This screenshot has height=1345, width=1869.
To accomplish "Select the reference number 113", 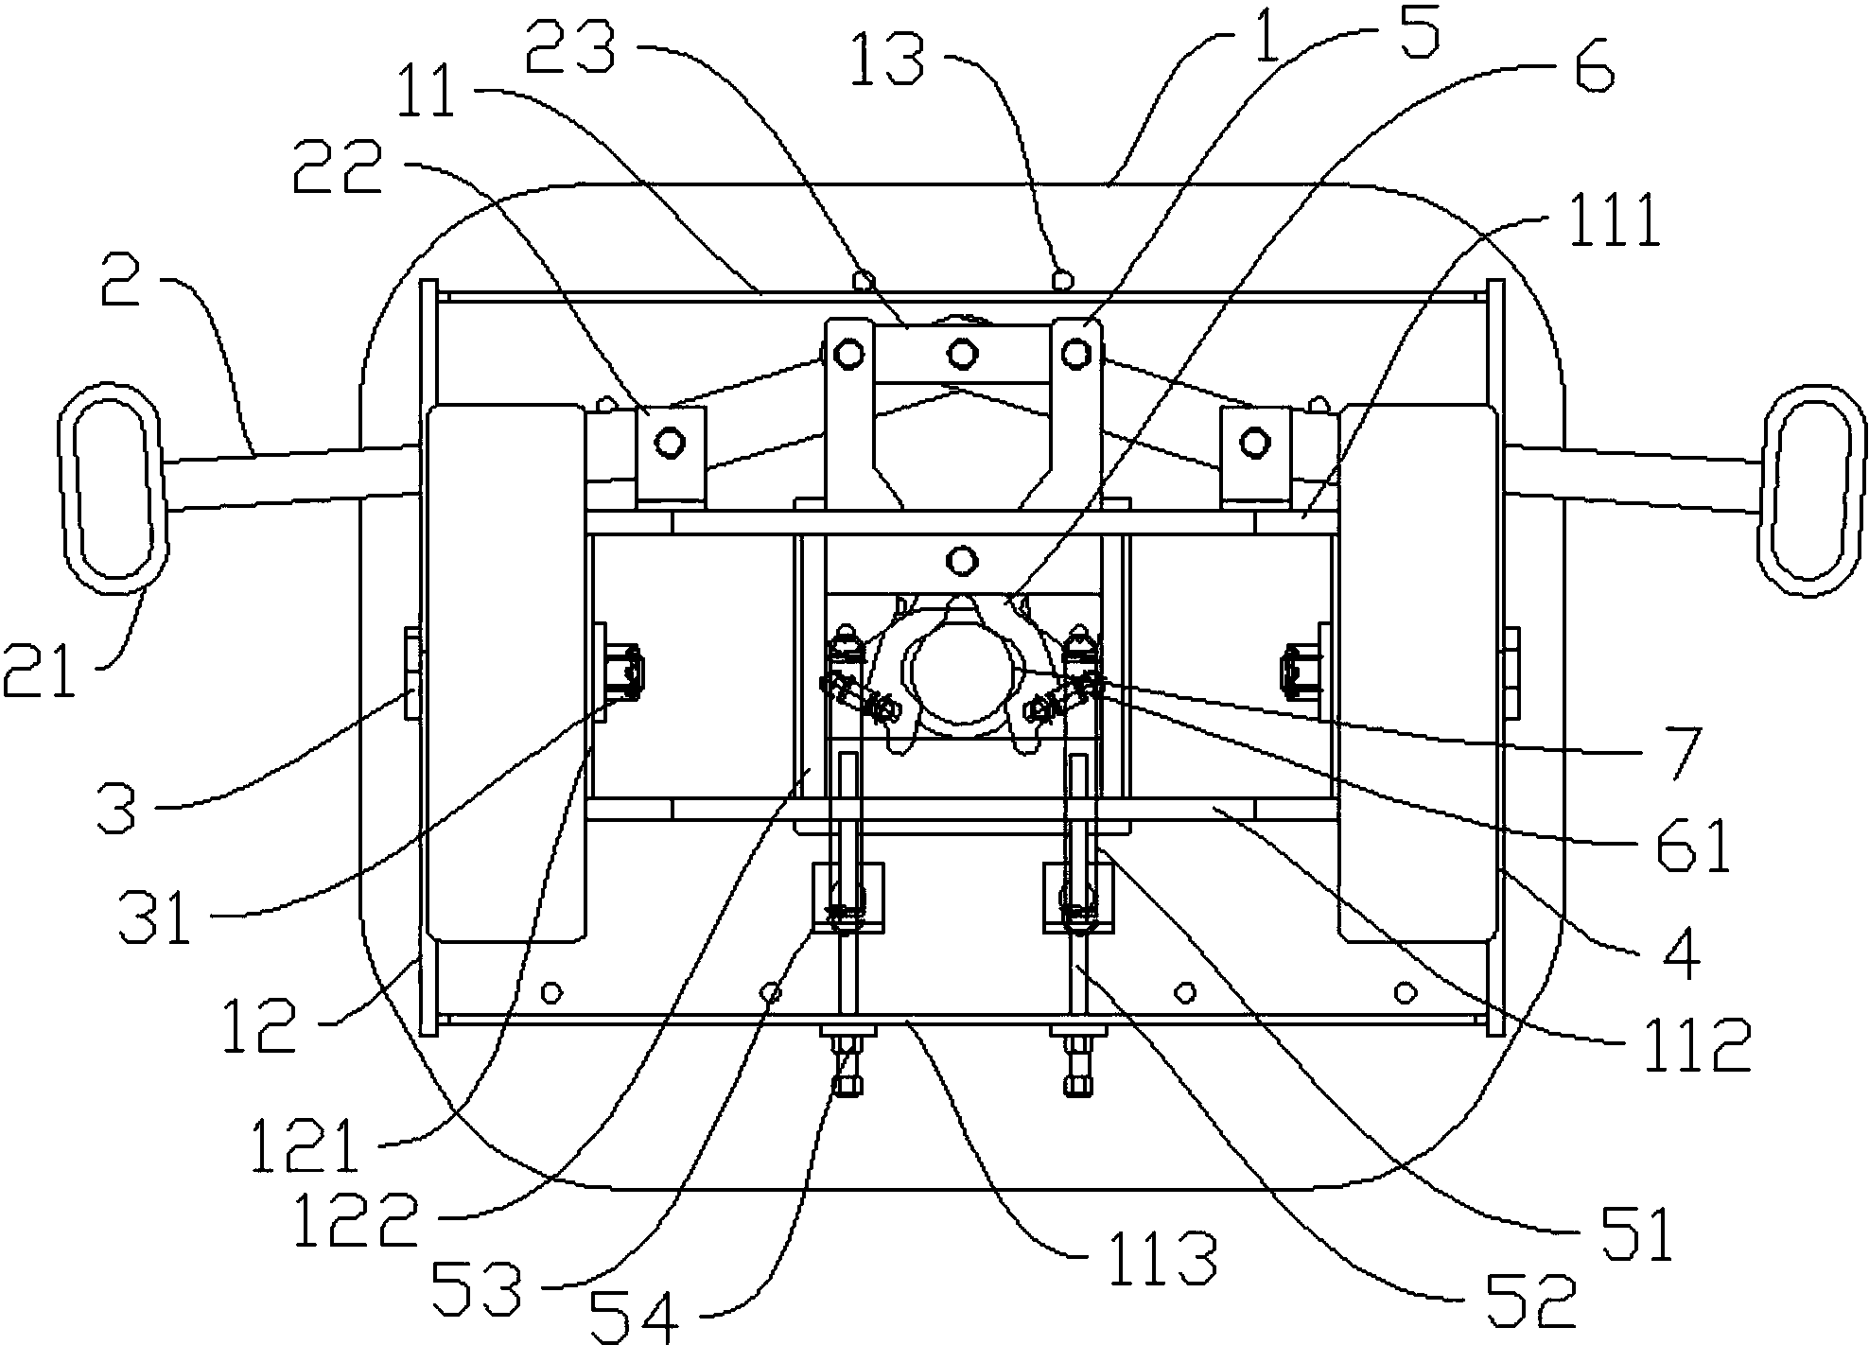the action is click(x=1162, y=1253).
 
